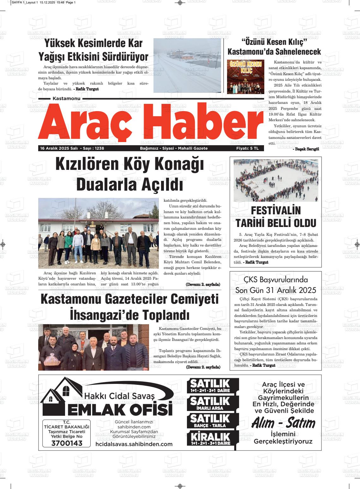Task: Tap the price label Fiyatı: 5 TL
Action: tap(247, 148)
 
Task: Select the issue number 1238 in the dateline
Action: tap(99, 148)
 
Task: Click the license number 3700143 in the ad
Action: tap(66, 443)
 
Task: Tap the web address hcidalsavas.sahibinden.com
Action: tap(134, 444)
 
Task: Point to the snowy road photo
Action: tap(187, 65)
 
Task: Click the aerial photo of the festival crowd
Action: tap(276, 180)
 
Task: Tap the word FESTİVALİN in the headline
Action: tap(276, 211)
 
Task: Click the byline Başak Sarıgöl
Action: tap(306, 149)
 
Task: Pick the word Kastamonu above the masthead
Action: tap(67, 98)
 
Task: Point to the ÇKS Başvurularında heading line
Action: tap(276, 280)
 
